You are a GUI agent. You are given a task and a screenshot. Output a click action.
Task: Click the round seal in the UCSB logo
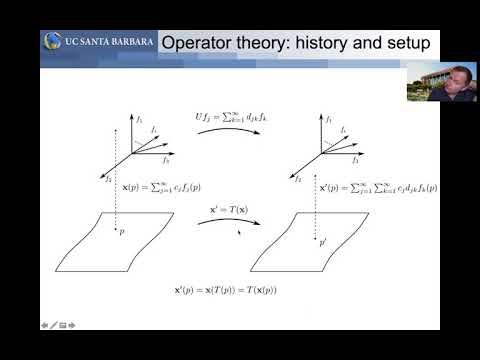[x=53, y=43]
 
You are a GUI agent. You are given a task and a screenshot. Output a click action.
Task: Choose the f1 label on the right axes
[x=330, y=118]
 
